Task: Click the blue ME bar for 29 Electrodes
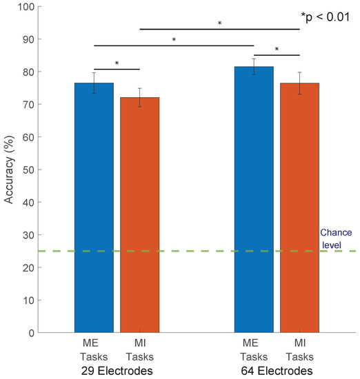point(94,207)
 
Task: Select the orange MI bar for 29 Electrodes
point(140,214)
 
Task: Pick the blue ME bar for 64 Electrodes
point(254,199)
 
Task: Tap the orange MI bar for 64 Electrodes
point(299,207)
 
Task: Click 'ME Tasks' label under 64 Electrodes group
point(254,351)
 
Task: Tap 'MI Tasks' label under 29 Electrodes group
point(140,351)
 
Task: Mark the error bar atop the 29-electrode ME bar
point(94,83)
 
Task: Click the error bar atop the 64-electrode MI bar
point(299,83)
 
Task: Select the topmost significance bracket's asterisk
point(219,23)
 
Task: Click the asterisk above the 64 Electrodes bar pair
point(277,50)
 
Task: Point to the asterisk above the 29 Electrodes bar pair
point(117,64)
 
